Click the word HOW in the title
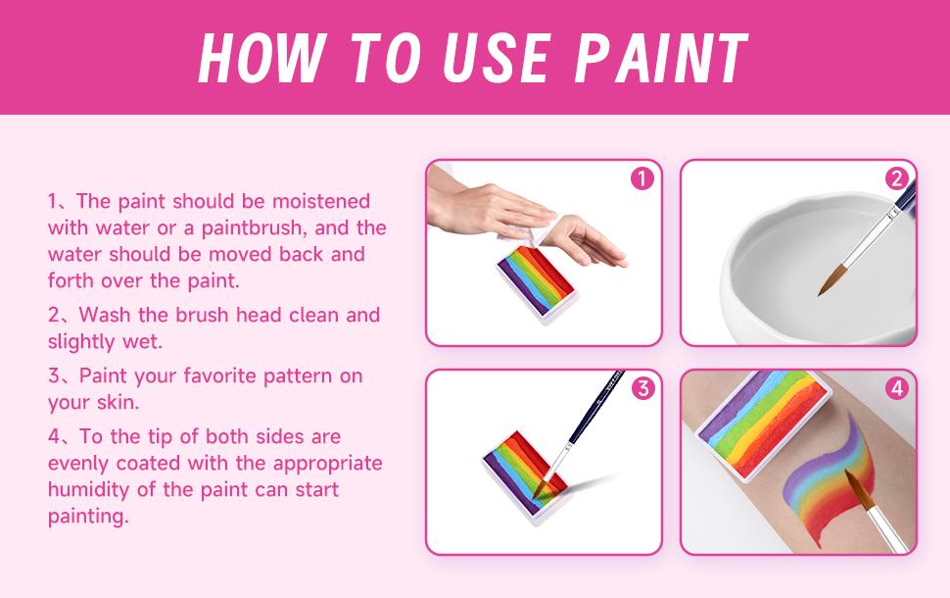point(261,57)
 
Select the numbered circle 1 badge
point(642,179)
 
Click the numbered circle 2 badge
point(897,179)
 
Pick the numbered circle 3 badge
point(642,388)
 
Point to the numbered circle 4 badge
point(897,388)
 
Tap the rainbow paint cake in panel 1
point(536,282)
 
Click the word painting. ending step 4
point(88,517)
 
